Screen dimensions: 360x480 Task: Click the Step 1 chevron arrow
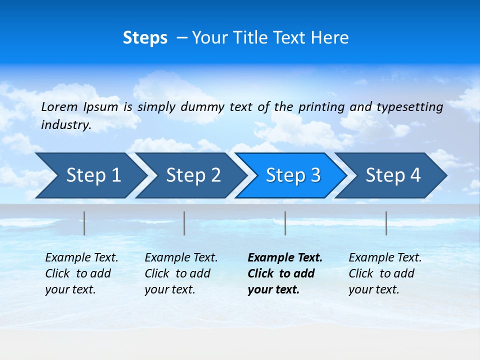(x=90, y=175)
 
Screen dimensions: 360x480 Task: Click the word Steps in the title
(x=145, y=38)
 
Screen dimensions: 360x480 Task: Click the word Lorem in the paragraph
(x=59, y=106)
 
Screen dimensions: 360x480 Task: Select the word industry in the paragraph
(x=65, y=125)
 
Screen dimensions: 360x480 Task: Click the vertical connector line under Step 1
(x=84, y=223)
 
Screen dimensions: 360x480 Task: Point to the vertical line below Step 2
(x=184, y=223)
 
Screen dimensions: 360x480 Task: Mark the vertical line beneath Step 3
(x=285, y=223)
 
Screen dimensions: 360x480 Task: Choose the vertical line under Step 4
(x=386, y=223)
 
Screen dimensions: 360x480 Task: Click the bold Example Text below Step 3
(x=285, y=258)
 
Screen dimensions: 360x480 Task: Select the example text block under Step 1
(x=81, y=273)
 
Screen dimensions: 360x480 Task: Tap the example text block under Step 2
(x=181, y=273)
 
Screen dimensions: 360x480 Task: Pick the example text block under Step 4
(x=385, y=273)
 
